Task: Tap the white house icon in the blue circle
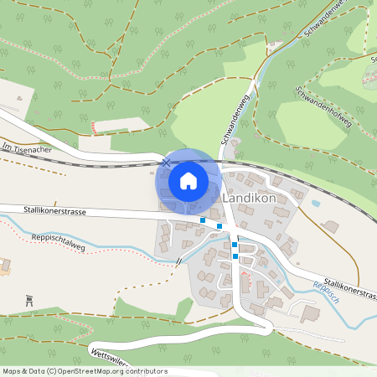[188, 181]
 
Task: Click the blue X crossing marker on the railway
[167, 162]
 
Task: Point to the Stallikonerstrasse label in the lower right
[346, 290]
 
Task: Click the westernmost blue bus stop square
[203, 220]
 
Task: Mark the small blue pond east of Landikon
[316, 202]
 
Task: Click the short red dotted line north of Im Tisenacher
[94, 127]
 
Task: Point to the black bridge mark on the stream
[178, 261]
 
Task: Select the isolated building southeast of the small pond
[331, 226]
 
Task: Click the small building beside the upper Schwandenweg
[273, 44]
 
